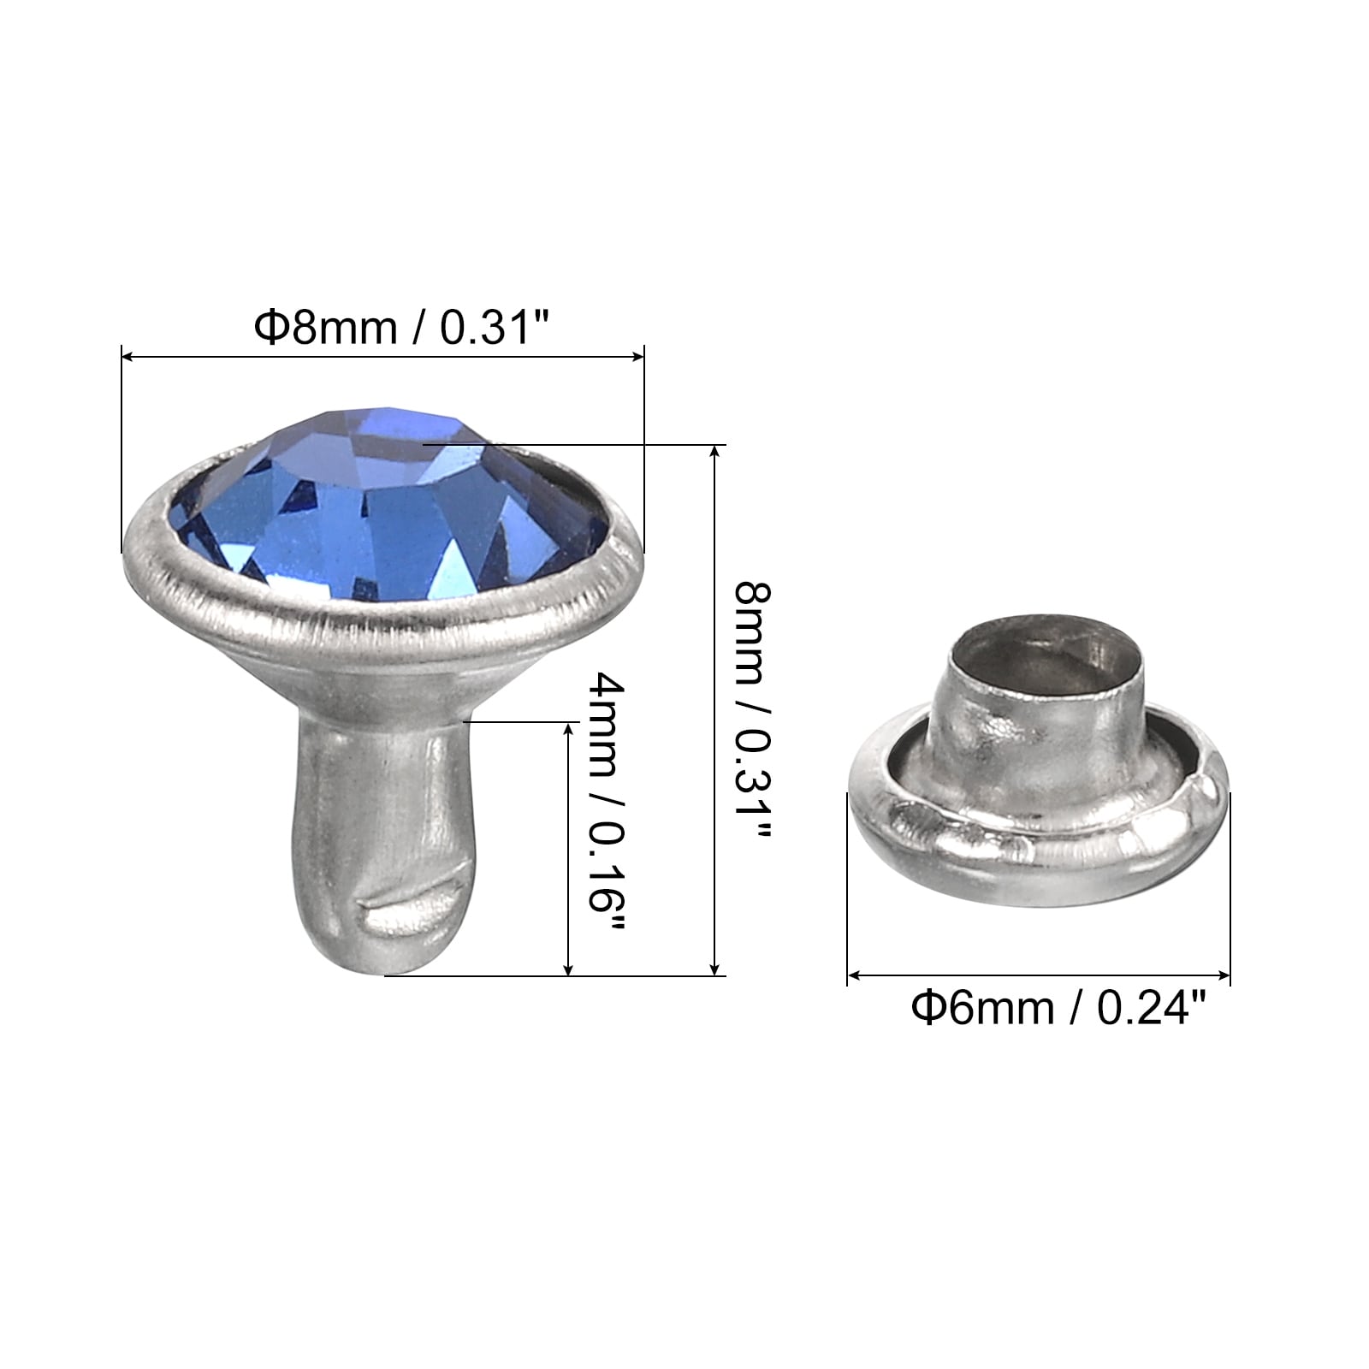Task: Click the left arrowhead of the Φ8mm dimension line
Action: [x=129, y=356]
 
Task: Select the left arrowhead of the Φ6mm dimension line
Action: [x=855, y=975]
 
